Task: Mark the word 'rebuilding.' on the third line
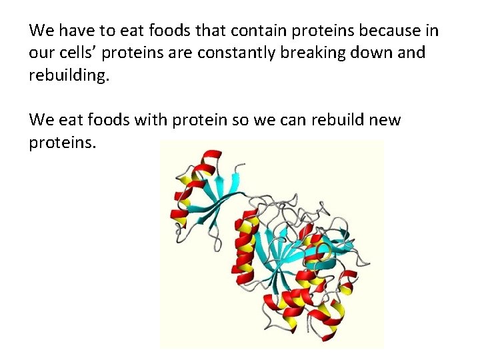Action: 68,75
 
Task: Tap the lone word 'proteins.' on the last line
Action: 63,143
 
